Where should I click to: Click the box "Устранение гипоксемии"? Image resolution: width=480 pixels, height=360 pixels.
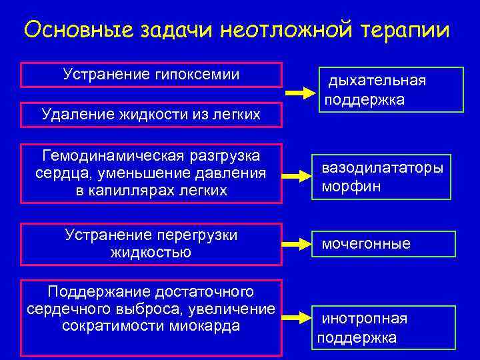tap(151, 75)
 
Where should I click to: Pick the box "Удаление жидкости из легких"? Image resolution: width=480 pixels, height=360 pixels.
tap(151, 115)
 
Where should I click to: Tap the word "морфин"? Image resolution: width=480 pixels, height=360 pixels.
tap(351, 186)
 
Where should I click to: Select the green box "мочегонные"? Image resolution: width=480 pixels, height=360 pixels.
tap(383, 244)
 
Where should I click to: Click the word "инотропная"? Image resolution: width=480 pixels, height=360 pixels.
tap(364, 319)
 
